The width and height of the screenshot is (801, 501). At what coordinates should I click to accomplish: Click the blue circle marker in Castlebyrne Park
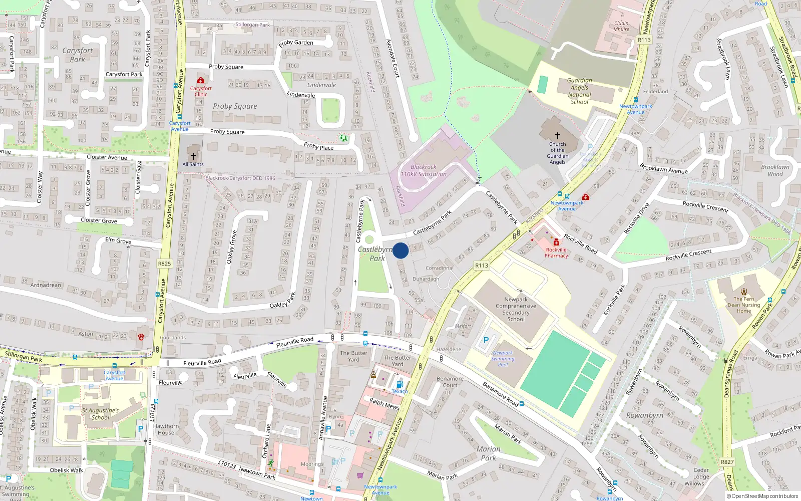coord(400,250)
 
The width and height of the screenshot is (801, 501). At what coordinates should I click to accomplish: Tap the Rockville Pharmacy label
coord(556,253)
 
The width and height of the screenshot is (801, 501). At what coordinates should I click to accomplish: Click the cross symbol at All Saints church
coord(193,156)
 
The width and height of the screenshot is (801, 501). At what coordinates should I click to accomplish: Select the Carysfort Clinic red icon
coord(201,80)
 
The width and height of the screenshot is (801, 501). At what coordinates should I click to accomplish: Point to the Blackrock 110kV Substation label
coord(424,171)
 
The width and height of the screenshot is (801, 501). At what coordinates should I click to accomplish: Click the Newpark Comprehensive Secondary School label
coord(516,309)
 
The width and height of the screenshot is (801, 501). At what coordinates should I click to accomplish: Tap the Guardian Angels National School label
coord(579,91)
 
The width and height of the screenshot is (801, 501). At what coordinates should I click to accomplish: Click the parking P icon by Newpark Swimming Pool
coord(486,340)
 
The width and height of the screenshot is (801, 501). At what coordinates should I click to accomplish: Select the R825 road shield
coord(164,264)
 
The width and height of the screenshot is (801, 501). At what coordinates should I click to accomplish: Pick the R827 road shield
coord(727,462)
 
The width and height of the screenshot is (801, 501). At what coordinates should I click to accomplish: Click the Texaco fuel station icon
coord(399,385)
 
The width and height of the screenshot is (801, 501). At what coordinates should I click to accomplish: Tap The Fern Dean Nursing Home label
coord(744,305)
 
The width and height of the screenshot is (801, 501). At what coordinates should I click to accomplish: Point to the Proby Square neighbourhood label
coord(235,106)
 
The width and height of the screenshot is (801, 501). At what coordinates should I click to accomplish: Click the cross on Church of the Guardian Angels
coord(557,135)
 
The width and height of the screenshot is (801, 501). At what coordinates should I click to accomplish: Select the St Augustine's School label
coord(100,414)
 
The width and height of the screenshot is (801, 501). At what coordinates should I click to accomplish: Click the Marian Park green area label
coord(488,453)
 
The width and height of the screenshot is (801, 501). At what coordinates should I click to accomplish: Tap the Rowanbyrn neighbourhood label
coord(644,415)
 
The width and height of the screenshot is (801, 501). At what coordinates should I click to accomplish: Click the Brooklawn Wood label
coord(775,170)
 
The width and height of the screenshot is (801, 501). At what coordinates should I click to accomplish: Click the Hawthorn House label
coord(166,429)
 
